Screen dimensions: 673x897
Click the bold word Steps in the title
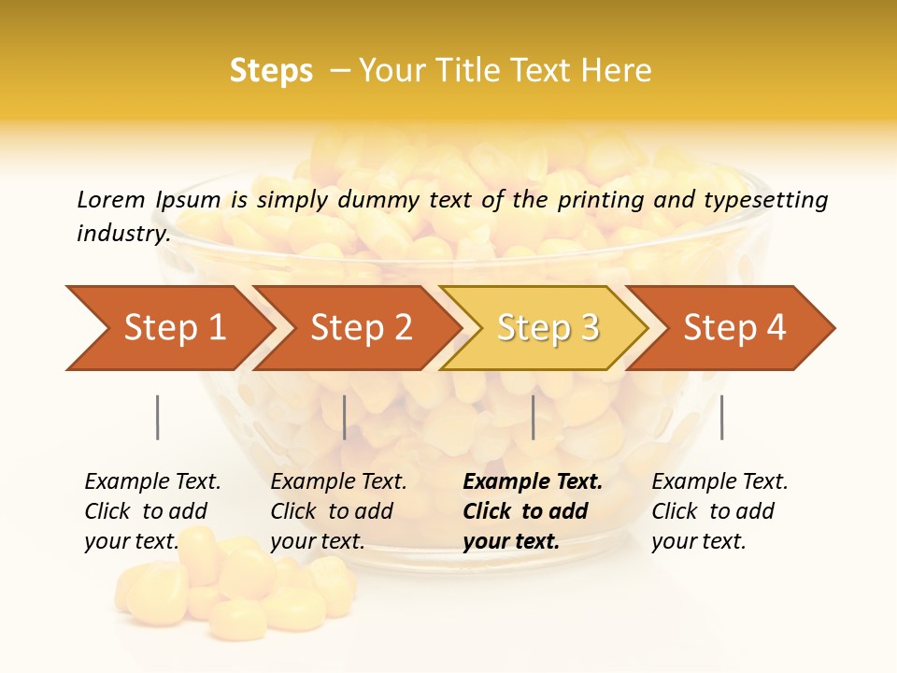pyautogui.click(x=271, y=71)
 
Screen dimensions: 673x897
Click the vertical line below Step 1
pyautogui.click(x=157, y=417)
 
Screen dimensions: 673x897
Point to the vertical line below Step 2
pyautogui.click(x=344, y=417)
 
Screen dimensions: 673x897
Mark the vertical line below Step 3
pyautogui.click(x=533, y=417)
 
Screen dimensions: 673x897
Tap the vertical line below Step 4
pyautogui.click(x=721, y=417)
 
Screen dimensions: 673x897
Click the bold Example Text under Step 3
pyautogui.click(x=533, y=481)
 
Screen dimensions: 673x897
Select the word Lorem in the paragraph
pyautogui.click(x=111, y=199)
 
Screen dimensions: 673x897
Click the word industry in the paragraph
pyautogui.click(x=122, y=234)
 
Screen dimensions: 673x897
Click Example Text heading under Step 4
pyautogui.click(x=719, y=481)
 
